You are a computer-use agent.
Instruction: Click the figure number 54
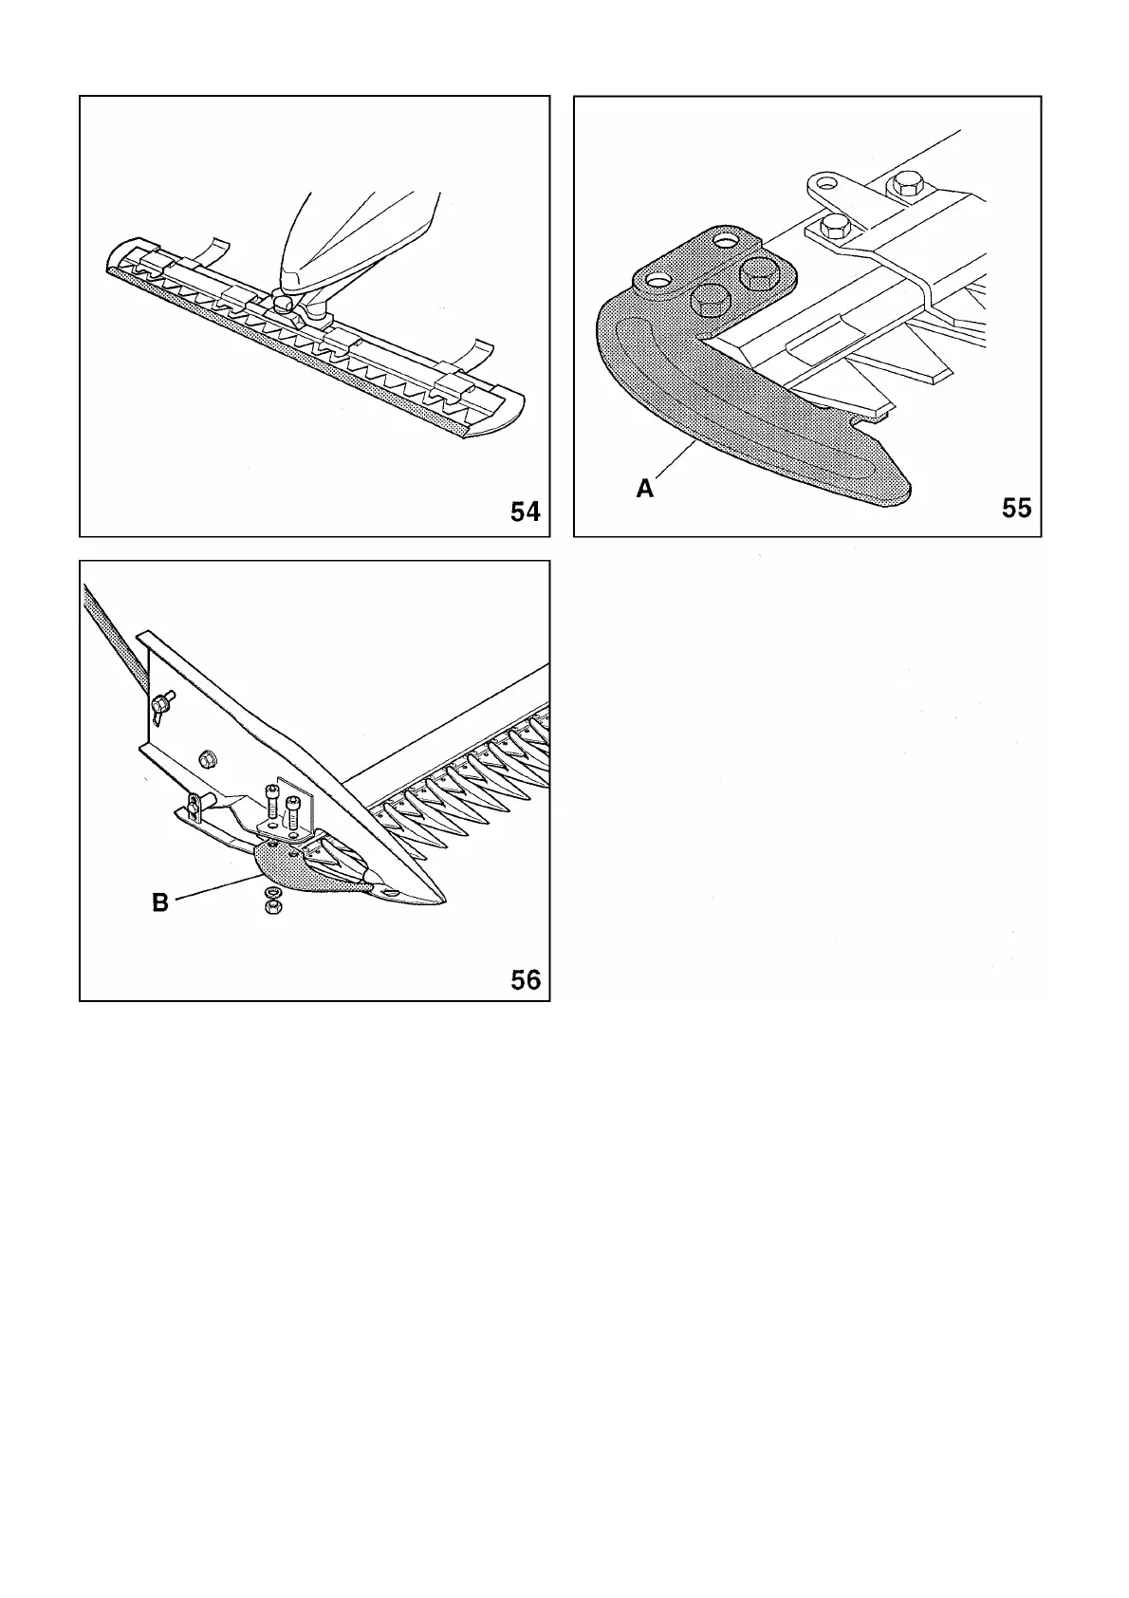[x=525, y=511]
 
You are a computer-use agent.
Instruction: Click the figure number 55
[x=1016, y=508]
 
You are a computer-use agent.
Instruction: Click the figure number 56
[x=525, y=978]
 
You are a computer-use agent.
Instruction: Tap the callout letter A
[x=645, y=489]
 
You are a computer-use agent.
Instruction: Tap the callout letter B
[x=160, y=902]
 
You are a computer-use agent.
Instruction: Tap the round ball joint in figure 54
[x=283, y=302]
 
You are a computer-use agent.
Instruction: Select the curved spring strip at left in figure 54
[x=215, y=250]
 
